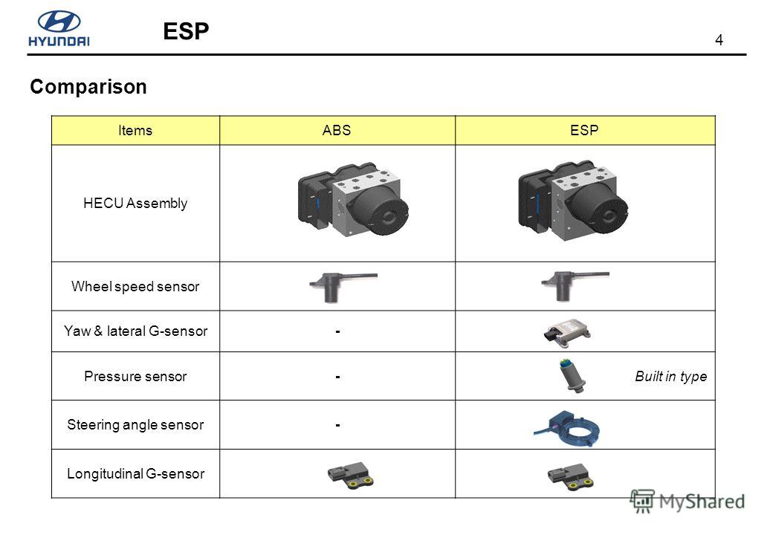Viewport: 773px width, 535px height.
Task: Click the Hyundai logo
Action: pyautogui.click(x=59, y=28)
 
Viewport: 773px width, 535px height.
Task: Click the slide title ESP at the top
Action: pyautogui.click(x=186, y=31)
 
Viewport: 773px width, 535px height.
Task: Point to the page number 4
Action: pyautogui.click(x=719, y=40)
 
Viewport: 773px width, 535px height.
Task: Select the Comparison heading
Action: pyautogui.click(x=88, y=87)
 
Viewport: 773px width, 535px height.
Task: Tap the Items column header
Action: pyautogui.click(x=135, y=131)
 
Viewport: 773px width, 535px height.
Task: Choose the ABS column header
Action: pyautogui.click(x=337, y=131)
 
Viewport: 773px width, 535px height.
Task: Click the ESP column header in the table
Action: pyautogui.click(x=584, y=131)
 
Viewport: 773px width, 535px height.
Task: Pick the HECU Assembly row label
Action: pyautogui.click(x=135, y=203)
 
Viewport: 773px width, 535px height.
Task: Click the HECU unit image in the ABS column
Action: pyautogui.click(x=353, y=199)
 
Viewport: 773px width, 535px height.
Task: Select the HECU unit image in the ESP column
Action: pyautogui.click(x=573, y=200)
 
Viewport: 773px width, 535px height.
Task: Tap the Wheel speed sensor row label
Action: pyautogui.click(x=135, y=286)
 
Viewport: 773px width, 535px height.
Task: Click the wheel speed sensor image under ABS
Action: pyautogui.click(x=343, y=287)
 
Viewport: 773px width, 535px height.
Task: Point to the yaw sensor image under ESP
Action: pyautogui.click(x=567, y=332)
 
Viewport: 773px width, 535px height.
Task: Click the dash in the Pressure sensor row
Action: pyautogui.click(x=337, y=377)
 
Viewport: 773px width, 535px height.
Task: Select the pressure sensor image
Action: pyautogui.click(x=572, y=376)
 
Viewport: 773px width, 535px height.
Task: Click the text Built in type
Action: pyautogui.click(x=670, y=377)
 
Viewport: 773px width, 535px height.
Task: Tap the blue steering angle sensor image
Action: pyautogui.click(x=567, y=428)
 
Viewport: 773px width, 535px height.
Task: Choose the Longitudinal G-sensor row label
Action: pyautogui.click(x=135, y=474)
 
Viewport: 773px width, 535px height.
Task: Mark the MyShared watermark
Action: pyautogui.click(x=688, y=502)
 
